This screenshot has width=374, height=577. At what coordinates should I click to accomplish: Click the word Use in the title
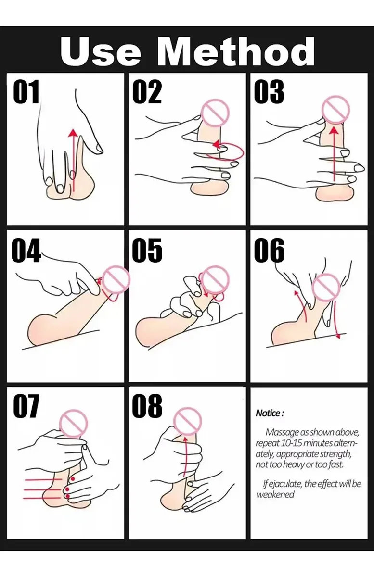[101, 52]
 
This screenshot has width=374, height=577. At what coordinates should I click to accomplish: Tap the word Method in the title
[236, 51]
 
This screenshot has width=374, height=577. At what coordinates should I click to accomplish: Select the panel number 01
[26, 91]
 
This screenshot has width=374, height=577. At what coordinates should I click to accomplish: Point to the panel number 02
[147, 91]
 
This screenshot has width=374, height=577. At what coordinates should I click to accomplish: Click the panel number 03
[269, 91]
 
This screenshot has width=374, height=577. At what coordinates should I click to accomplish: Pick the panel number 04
[26, 250]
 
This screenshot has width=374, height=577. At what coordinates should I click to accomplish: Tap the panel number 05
[147, 250]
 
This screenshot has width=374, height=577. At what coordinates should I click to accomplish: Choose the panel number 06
[269, 250]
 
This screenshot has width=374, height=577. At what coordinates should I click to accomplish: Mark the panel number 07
[26, 406]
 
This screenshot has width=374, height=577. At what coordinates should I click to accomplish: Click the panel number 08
[147, 406]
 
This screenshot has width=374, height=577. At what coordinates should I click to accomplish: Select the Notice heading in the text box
[270, 413]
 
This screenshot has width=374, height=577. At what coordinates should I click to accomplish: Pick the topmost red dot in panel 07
[73, 479]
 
